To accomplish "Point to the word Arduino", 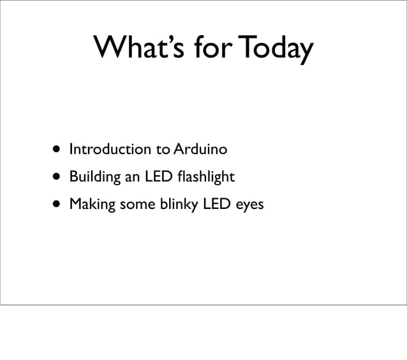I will point(200,150).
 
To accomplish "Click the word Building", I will point(94,177).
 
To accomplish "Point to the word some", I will point(136,205).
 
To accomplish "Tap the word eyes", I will point(249,206).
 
